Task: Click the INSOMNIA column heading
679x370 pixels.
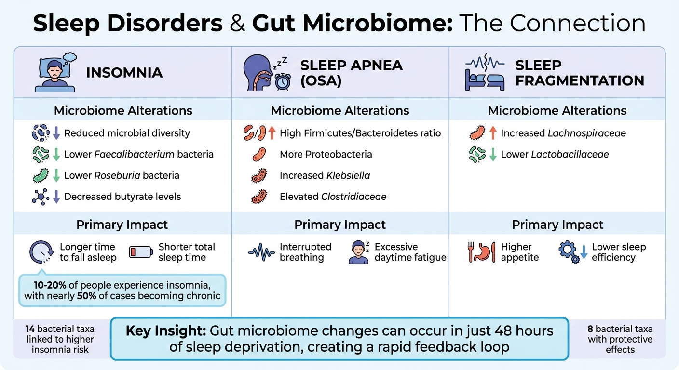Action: coord(124,73)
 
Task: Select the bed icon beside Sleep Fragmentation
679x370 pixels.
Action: coord(484,81)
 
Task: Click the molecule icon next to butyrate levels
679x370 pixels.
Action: coord(41,197)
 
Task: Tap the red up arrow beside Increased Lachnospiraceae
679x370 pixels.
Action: coord(492,133)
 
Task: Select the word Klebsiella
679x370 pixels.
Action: coord(348,175)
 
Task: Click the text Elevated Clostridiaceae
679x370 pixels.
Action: coord(333,197)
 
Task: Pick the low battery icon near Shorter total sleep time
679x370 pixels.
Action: coord(141,252)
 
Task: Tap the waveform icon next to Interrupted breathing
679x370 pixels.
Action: coord(261,252)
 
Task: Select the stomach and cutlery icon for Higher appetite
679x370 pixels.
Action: coord(481,252)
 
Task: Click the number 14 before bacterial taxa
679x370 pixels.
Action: coord(30,330)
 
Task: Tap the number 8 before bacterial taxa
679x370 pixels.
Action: coord(590,330)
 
